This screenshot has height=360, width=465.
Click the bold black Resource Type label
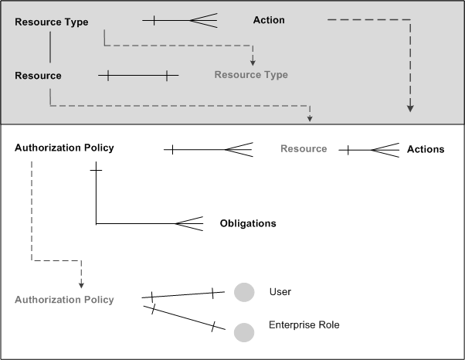pos(52,22)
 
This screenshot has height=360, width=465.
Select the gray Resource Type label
pos(251,75)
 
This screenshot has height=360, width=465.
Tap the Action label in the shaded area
pos(269,20)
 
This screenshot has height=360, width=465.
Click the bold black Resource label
pos(38,76)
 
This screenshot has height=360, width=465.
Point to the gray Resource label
pos(304,148)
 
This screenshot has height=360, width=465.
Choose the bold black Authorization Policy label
pos(64,148)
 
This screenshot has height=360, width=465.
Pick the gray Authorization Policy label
pos(64,300)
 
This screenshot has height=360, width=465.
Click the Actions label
pos(426,149)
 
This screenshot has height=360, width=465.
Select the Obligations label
pos(248,223)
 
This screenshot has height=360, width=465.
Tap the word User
pos(280,291)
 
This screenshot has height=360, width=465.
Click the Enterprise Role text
pos(304,325)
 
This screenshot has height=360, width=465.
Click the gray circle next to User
pos(244,292)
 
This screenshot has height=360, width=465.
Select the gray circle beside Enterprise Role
pos(244,332)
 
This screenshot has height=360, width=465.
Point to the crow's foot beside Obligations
pos(190,224)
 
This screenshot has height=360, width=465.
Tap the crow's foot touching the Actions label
pos(385,150)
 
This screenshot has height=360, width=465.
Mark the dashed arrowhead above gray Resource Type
pos(252,59)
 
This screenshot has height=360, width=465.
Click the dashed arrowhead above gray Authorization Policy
pos(81,284)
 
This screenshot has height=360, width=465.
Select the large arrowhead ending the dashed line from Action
pos(410,107)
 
